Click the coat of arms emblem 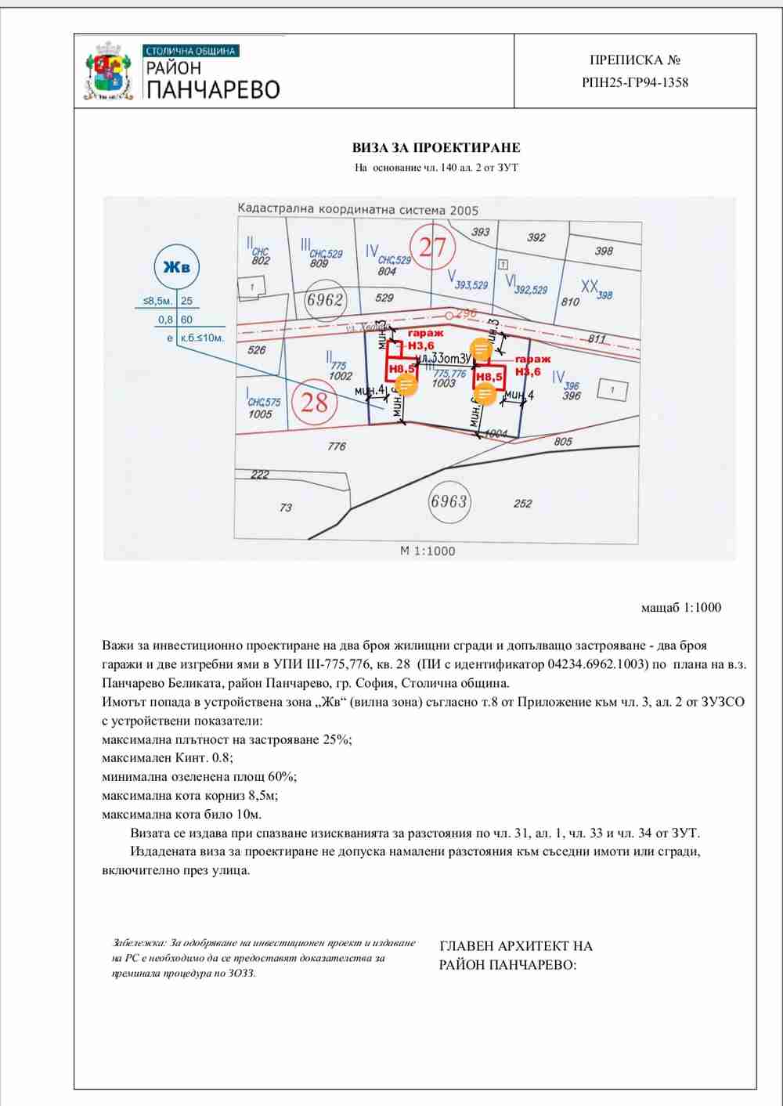[108, 71]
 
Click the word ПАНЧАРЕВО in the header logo [213, 90]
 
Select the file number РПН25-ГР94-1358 [635, 82]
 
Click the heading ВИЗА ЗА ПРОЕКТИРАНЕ [436, 147]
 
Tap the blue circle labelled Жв [176, 266]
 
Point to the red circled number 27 [432, 248]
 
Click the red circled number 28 [314, 403]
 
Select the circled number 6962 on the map [325, 300]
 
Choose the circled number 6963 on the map [449, 501]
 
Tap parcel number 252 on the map [523, 504]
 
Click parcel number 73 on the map [286, 508]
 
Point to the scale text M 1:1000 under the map [428, 551]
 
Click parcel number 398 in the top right [604, 251]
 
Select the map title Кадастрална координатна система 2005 [358, 209]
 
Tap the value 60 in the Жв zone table [186, 320]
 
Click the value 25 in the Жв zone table [186, 301]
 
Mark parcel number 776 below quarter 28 [337, 446]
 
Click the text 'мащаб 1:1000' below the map [681, 607]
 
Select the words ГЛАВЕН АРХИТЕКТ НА [516, 946]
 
